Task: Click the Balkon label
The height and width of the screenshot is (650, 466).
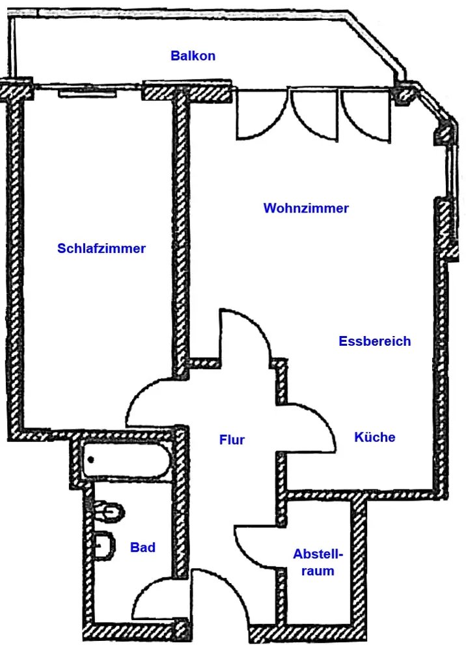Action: coord(193,55)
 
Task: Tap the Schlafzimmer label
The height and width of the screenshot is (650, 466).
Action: coord(102,248)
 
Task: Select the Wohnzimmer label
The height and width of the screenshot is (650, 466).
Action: coord(306,208)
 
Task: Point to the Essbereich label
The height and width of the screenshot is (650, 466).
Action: coord(375,341)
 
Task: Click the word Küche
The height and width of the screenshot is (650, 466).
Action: coord(375,437)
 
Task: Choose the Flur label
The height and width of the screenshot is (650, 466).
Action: coord(232,439)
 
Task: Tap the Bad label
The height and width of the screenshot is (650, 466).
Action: coord(143,547)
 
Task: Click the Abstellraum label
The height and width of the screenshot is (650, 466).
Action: coord(318,562)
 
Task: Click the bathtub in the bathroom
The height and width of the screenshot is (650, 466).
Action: coord(126,460)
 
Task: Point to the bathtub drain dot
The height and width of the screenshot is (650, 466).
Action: coord(91,460)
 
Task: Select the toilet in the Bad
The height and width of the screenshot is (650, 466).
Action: coord(109,512)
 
